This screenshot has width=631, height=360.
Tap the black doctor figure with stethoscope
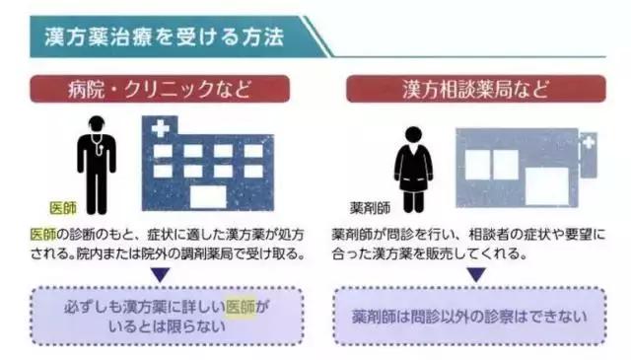[96, 163]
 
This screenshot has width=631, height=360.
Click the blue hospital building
[208, 167]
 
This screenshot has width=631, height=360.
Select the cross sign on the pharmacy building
[588, 145]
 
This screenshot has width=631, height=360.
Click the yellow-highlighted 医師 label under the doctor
[62, 208]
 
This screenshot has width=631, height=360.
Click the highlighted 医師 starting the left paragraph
[42, 234]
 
